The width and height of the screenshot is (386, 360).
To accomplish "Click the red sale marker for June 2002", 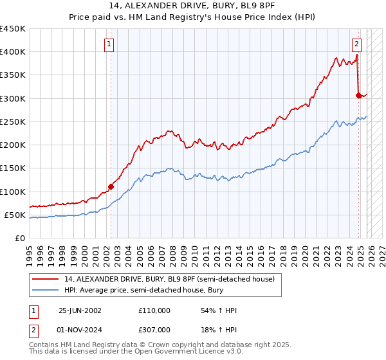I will [x=111, y=187].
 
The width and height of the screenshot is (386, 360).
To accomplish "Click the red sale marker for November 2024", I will [x=358, y=95].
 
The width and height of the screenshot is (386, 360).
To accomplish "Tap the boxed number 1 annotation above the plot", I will [x=109, y=44].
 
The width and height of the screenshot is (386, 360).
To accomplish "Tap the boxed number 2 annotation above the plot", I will [x=356, y=44].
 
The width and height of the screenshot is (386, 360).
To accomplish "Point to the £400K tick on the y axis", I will [x=13, y=52].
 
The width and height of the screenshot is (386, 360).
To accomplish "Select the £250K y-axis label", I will [x=13, y=122].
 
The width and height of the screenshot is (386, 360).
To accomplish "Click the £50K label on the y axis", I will [x=15, y=215].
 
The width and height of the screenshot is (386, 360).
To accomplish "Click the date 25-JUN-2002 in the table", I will [x=80, y=310].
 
